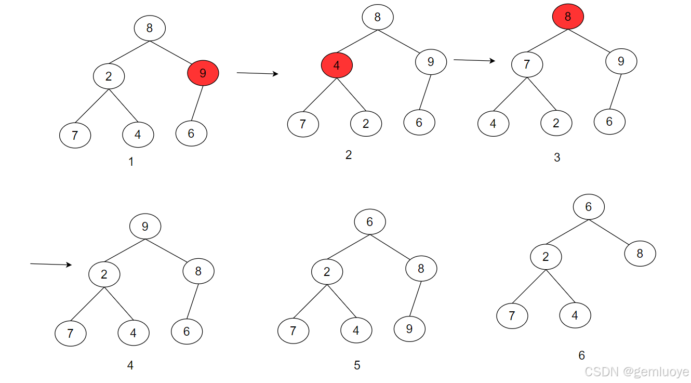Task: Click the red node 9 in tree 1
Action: tap(203, 73)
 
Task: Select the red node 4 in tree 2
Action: tap(337, 66)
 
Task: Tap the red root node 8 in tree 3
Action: tap(568, 17)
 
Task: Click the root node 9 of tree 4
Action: tap(145, 227)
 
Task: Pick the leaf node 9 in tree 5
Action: tap(409, 328)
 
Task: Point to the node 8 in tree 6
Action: tap(640, 254)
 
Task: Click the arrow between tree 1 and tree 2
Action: tap(257, 74)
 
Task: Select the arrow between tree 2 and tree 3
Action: tap(474, 60)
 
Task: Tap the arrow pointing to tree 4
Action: tap(50, 265)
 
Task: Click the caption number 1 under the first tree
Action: tap(131, 162)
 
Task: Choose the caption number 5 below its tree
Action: tap(357, 365)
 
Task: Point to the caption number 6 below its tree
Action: tap(581, 355)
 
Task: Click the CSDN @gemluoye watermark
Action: tap(636, 372)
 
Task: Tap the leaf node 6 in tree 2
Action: tap(419, 122)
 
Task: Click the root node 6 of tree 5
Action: tap(370, 222)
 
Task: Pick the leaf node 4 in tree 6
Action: tap(575, 315)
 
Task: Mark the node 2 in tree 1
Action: tap(109, 76)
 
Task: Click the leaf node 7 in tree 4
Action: tap(71, 333)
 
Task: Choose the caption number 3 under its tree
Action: tap(557, 157)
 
